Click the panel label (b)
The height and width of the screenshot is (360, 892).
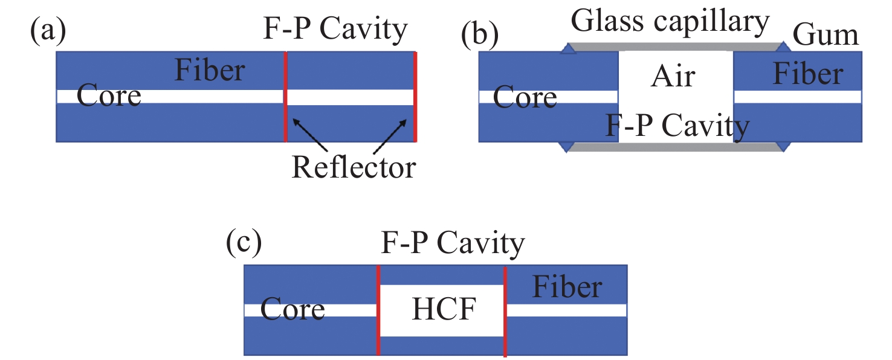click(x=480, y=35)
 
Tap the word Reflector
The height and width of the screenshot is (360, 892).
click(x=354, y=167)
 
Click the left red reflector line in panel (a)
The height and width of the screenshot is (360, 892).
click(x=285, y=97)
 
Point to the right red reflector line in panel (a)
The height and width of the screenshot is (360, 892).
click(x=415, y=97)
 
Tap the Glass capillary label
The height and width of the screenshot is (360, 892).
click(x=670, y=22)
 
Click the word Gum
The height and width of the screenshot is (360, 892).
click(x=826, y=35)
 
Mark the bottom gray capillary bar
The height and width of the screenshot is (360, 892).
click(x=674, y=147)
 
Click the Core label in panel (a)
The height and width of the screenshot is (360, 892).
click(x=109, y=96)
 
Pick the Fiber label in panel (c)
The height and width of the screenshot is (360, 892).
click(x=567, y=288)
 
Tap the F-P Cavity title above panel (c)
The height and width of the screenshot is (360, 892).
click(x=453, y=244)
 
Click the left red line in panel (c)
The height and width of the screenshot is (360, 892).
click(x=378, y=309)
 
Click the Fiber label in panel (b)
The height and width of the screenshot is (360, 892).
click(x=808, y=74)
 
